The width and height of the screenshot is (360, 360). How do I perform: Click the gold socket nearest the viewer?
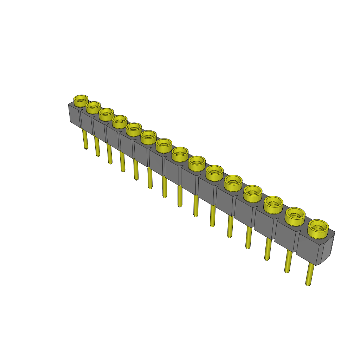(318, 227)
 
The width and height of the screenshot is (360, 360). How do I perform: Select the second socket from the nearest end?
(295, 216)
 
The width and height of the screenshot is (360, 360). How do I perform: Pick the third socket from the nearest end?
(274, 204)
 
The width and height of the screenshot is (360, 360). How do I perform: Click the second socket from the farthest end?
(93, 107)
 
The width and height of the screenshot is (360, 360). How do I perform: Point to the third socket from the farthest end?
(106, 114)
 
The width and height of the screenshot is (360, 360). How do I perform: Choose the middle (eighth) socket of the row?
(180, 154)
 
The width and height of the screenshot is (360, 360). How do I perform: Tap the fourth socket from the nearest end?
(253, 193)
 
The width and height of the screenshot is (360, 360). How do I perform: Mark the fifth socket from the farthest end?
(134, 129)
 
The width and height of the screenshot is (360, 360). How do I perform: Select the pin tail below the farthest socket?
(85, 139)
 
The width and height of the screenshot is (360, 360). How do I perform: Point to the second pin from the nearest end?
(288, 261)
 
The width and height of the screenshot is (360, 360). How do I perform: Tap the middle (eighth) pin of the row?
(180, 196)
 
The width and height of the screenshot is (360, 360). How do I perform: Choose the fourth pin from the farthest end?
(122, 161)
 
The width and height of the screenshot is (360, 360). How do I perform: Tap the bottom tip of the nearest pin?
(308, 284)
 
